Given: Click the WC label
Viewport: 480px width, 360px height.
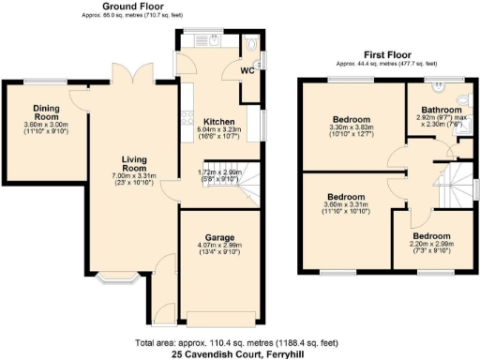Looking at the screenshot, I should tap(247, 71).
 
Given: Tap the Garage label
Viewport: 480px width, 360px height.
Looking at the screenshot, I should tap(220, 237).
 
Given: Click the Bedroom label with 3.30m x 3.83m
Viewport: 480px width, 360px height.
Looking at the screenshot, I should tap(352, 121).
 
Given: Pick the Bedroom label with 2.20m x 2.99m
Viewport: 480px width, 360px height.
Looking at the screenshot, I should tap(432, 235).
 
